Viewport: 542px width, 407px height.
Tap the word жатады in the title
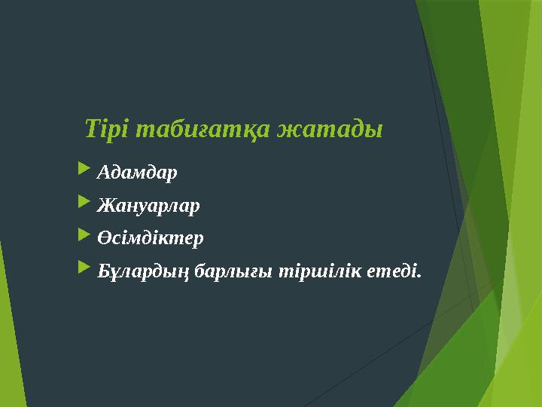point(330,129)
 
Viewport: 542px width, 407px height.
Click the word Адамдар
point(137,173)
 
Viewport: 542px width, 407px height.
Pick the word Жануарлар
point(148,206)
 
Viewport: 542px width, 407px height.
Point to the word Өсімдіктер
point(150,238)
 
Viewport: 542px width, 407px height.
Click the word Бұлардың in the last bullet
point(144,271)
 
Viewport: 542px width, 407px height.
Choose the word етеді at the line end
point(392,270)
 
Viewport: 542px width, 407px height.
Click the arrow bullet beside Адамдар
point(84,172)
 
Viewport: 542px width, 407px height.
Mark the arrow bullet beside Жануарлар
point(84,204)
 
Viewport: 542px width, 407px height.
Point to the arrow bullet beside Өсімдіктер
point(84,237)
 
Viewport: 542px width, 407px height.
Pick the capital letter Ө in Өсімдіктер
point(103,238)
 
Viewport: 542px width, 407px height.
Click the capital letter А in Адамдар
point(103,173)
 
